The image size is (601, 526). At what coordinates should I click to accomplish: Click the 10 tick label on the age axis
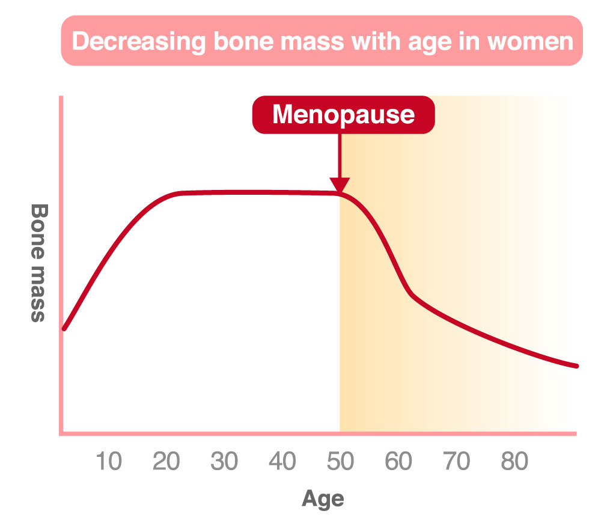(x=109, y=462)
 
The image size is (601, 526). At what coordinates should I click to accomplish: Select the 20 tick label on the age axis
(x=166, y=462)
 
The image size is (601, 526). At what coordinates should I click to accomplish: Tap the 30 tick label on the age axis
(x=225, y=462)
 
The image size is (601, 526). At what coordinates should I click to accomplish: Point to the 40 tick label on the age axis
(x=282, y=462)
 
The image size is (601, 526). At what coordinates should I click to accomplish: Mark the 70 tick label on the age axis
(x=457, y=462)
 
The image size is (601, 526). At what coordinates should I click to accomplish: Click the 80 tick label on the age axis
(x=514, y=462)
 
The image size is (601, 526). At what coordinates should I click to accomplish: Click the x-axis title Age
(x=323, y=498)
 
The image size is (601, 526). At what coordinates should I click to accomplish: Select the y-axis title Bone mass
(x=38, y=263)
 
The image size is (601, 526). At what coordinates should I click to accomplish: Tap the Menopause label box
(x=343, y=114)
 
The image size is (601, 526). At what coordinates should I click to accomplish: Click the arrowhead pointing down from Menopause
(x=340, y=185)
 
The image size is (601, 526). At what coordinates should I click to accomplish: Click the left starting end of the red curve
(x=64, y=329)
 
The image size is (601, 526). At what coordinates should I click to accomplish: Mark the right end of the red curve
(x=576, y=365)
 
